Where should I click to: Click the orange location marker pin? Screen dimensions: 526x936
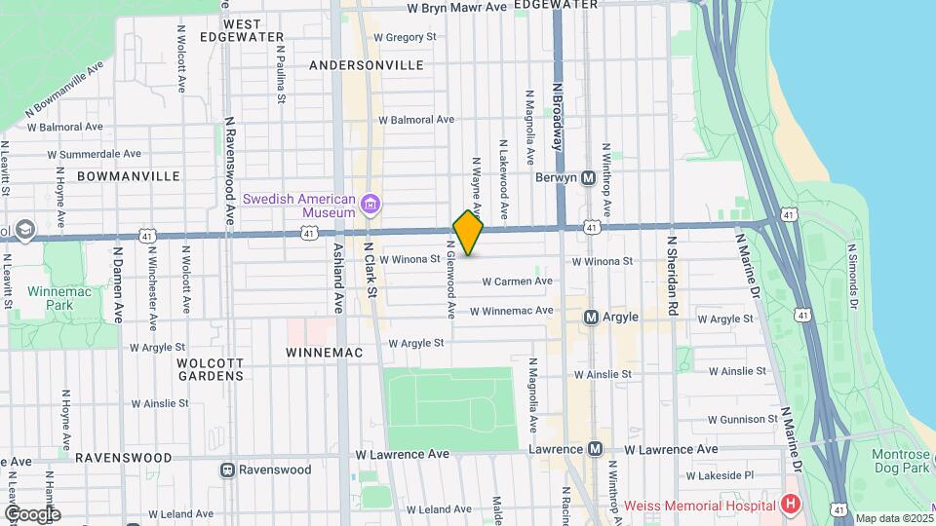[x=468, y=233]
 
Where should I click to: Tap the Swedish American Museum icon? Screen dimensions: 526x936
[x=370, y=205]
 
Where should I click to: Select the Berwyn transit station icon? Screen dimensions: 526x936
[x=588, y=178]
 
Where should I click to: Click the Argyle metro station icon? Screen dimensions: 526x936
[x=591, y=318]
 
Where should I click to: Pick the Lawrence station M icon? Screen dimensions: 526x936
[x=595, y=449]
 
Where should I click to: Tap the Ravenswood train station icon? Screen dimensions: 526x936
[x=227, y=470]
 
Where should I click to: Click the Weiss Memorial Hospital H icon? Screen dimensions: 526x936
[x=790, y=504]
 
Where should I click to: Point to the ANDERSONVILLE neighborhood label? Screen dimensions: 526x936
[x=366, y=65]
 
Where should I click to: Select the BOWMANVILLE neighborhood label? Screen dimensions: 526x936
[x=128, y=176]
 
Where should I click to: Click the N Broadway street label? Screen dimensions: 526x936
[x=559, y=115]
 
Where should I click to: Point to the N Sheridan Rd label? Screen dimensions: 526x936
[x=672, y=275]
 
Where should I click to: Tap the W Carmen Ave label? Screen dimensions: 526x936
[x=518, y=282]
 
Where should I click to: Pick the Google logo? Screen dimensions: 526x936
[x=31, y=513]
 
